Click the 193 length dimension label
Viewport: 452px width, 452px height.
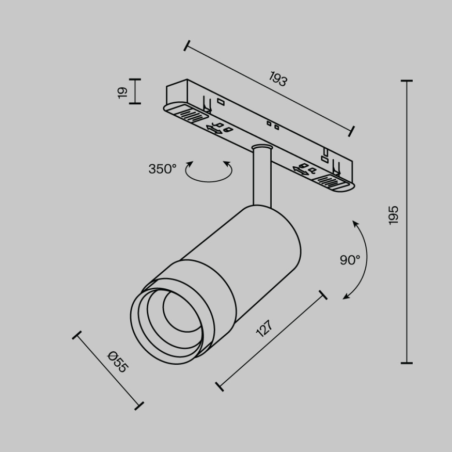pos(277,79)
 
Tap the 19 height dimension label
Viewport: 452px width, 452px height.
pos(122,92)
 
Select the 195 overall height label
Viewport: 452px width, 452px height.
pos(394,215)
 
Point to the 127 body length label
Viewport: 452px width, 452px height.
pos(264,329)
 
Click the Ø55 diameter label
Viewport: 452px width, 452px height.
pos(117,362)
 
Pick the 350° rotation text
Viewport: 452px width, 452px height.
pos(162,169)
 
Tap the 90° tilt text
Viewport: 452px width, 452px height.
pos(350,260)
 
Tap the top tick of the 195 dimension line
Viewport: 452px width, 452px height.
pos(407,81)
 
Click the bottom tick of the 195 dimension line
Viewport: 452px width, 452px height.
pos(407,363)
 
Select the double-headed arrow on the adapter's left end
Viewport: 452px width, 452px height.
pos(214,130)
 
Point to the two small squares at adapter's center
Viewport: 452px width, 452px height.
pos(272,124)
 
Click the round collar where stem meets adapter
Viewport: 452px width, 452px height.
pos(262,149)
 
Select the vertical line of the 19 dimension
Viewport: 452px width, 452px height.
pos(135,91)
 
